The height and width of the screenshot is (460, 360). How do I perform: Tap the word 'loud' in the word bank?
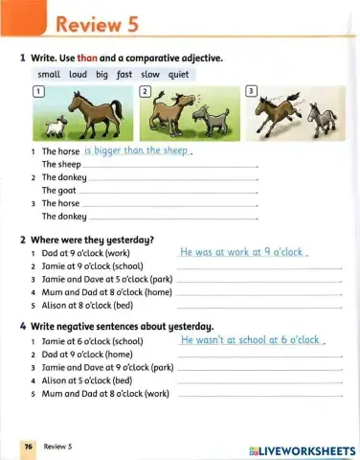pyautogui.click(x=78, y=74)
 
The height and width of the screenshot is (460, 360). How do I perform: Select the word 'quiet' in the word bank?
pyautogui.click(x=180, y=74)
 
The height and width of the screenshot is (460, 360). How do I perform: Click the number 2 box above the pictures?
pyautogui.click(x=146, y=90)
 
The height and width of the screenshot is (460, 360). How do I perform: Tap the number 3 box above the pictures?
pyautogui.click(x=252, y=90)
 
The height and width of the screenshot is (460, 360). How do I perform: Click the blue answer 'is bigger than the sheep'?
pyautogui.click(x=138, y=150)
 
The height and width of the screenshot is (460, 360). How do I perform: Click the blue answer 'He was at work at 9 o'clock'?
pyautogui.click(x=241, y=252)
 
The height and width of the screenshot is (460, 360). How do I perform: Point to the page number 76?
pyautogui.click(x=29, y=447)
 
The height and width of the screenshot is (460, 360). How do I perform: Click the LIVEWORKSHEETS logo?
pyautogui.click(x=301, y=449)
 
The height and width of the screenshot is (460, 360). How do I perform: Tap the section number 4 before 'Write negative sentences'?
pyautogui.click(x=22, y=326)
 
